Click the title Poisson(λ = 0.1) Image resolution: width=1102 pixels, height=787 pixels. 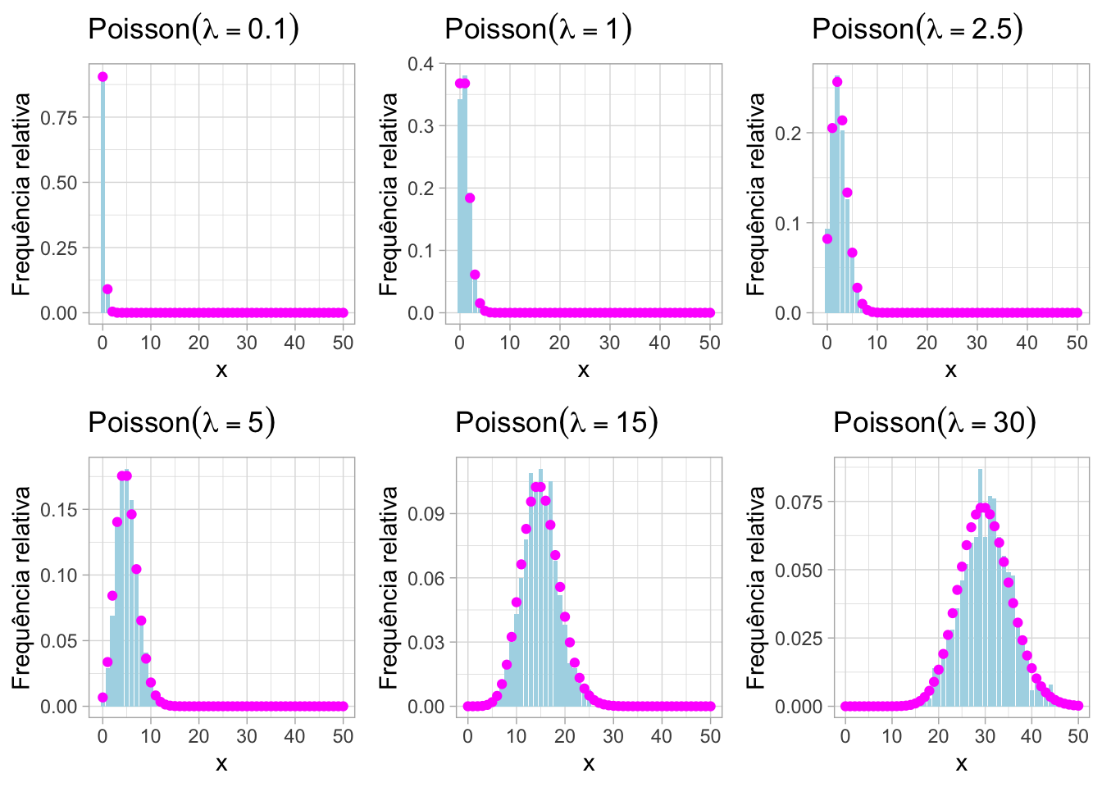pos(193,30)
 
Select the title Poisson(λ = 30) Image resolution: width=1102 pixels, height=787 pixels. pos(935,423)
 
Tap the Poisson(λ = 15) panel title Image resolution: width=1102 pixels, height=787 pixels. pos(557,423)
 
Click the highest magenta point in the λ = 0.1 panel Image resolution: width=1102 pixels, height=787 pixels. pos(102,77)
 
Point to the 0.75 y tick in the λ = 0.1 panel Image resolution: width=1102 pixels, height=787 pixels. pos(59,117)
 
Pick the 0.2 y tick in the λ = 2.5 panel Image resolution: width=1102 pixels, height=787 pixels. pos(788,133)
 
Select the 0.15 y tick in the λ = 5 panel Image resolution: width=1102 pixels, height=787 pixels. pos(59,510)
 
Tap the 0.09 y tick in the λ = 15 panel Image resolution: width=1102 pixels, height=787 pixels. pos(426,514)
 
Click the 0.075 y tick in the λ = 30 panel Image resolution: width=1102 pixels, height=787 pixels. pos(799,502)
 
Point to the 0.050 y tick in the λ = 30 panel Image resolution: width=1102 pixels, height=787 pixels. pos(799,570)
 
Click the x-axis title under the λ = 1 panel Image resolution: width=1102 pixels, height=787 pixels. pos(583,371)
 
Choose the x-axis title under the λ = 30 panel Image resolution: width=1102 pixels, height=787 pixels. pos(961,764)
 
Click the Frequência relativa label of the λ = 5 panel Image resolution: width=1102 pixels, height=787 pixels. pos(21,588)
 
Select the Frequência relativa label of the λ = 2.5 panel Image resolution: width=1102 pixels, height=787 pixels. pos(756,194)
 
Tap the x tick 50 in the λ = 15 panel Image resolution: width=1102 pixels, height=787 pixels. pos(710,736)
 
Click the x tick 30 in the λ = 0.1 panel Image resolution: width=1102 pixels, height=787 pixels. pos(247,343)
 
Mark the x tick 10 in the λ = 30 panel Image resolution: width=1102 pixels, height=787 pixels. pos(892,736)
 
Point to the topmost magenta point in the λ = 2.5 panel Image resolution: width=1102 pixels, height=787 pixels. pos(837,82)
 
